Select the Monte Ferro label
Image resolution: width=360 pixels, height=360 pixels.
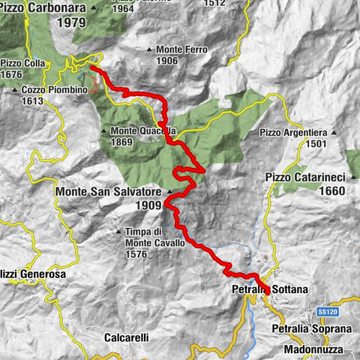[183, 49]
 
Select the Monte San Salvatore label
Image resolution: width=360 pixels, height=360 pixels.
[108, 192]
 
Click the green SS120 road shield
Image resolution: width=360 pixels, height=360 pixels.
[325, 311]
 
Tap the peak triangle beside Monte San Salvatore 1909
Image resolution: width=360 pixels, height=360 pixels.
[169, 193]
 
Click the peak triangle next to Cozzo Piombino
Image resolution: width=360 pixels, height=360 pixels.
[15, 90]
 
